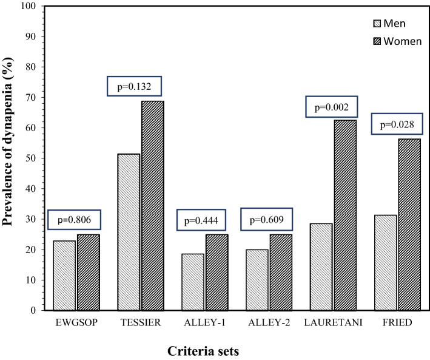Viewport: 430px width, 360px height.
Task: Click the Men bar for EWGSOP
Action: point(64,276)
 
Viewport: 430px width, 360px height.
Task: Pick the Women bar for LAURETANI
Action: point(345,215)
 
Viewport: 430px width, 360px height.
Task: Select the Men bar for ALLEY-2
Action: point(257,280)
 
